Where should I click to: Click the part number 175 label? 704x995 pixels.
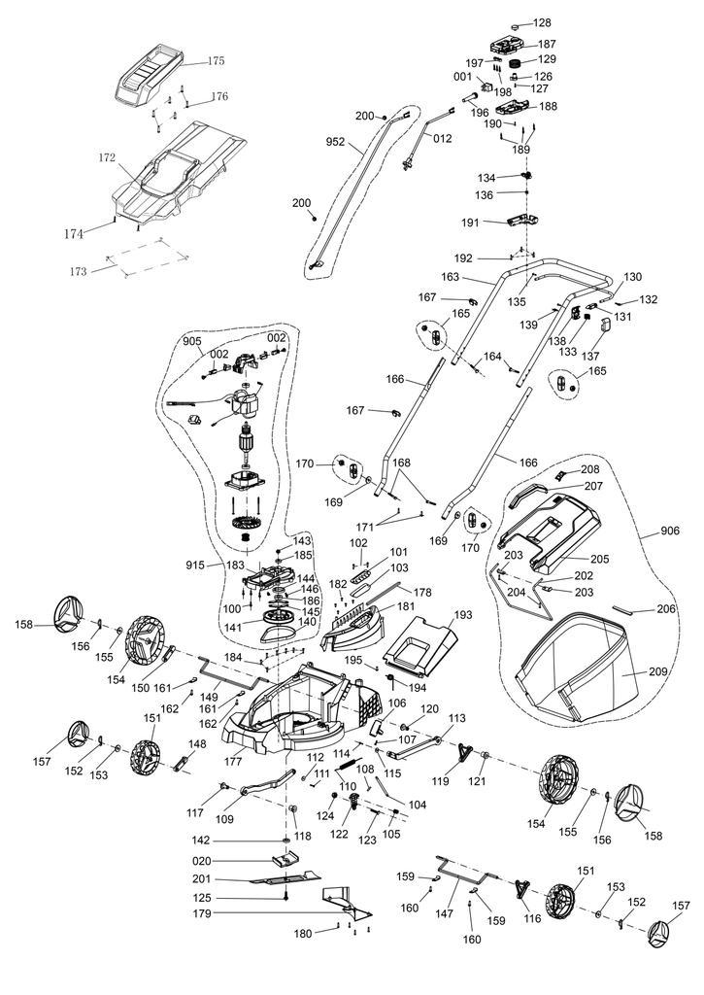[216, 61]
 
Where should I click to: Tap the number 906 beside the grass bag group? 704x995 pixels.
[670, 531]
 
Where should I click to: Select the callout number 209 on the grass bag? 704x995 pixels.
[657, 671]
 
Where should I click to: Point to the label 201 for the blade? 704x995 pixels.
[202, 879]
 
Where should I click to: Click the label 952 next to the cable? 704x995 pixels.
[336, 142]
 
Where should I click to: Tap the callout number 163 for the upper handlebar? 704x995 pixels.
[450, 277]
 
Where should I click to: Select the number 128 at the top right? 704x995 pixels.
[542, 23]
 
